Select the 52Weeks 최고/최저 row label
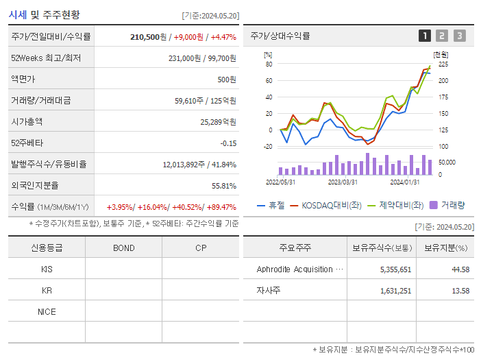(46, 58)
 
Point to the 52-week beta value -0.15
(228, 143)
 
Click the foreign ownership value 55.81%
(223, 185)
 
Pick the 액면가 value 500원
(227, 80)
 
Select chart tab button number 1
(425, 36)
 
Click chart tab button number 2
(442, 36)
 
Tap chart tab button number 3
(459, 36)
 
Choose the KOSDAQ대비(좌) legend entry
(325, 204)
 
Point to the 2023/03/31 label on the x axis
(343, 182)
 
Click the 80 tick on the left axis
(269, 64)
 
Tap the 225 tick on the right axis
(443, 64)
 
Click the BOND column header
(123, 248)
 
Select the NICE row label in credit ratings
(47, 311)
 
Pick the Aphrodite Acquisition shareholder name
(295, 269)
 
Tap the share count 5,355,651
(395, 269)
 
